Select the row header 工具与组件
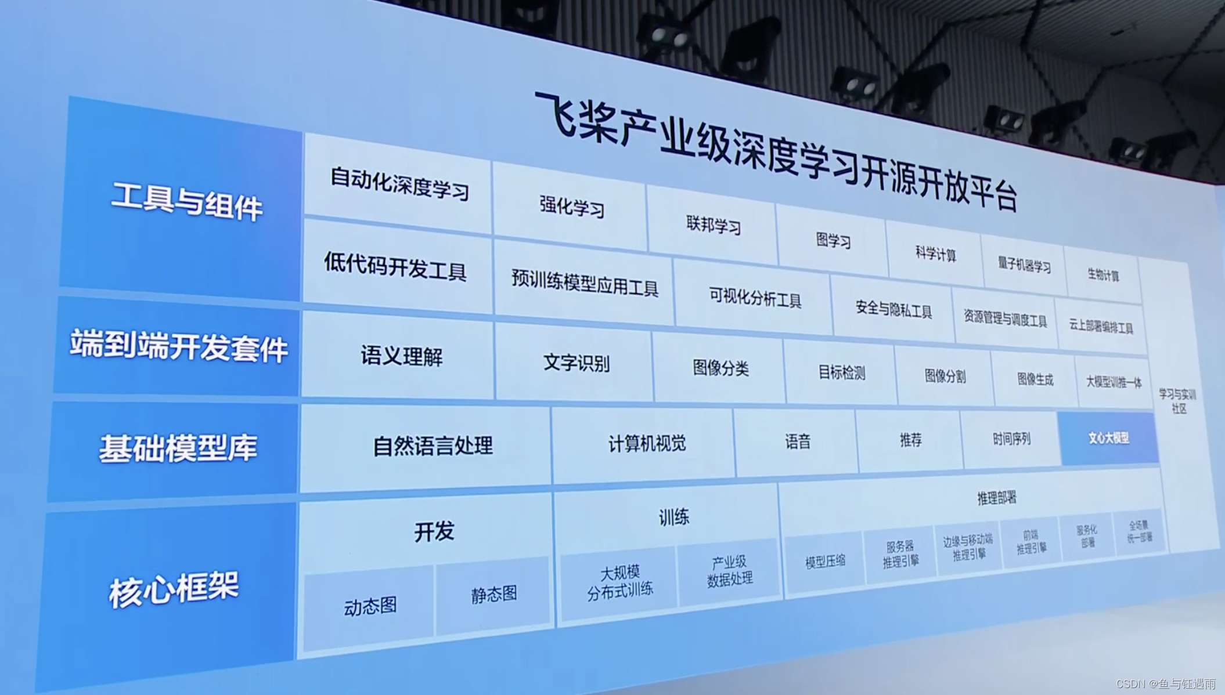click(x=187, y=201)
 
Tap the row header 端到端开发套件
click(x=179, y=346)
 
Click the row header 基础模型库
click(x=178, y=448)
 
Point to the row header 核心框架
click(x=174, y=589)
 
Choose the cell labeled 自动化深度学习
click(x=399, y=183)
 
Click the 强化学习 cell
click(x=571, y=206)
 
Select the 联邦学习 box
click(x=713, y=225)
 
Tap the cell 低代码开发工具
click(x=395, y=267)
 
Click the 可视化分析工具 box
click(x=755, y=298)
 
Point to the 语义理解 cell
click(x=401, y=356)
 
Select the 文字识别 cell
click(x=576, y=363)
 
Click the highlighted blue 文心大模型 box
click(x=1108, y=439)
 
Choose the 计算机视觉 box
click(x=647, y=444)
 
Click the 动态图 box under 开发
click(x=370, y=607)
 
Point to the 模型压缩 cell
click(x=825, y=562)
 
